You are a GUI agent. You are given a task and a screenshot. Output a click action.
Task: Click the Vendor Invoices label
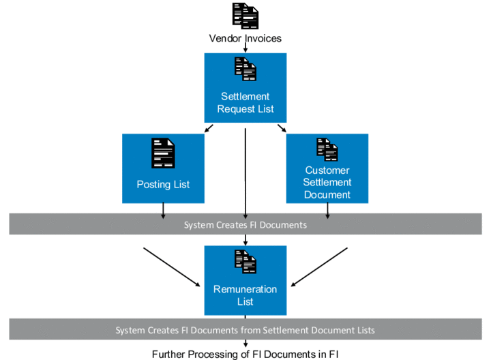(245, 39)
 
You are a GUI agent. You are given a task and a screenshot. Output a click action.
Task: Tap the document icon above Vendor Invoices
(245, 16)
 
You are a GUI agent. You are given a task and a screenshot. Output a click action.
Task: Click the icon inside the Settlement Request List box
(245, 69)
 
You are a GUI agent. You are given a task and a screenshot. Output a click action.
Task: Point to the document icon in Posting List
(163, 153)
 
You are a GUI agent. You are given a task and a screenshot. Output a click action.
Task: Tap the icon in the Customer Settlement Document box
(327, 149)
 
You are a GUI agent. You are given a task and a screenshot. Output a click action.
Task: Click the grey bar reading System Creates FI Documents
(245, 224)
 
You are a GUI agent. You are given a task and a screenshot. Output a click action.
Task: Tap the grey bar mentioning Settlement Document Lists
(245, 329)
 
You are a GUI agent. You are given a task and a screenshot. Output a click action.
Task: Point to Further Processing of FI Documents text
(245, 353)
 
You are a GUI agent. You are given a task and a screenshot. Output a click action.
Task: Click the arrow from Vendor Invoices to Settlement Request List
(245, 48)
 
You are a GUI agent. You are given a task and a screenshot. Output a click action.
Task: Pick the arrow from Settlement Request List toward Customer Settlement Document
(281, 127)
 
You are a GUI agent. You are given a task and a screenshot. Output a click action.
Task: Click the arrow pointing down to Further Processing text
(245, 343)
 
